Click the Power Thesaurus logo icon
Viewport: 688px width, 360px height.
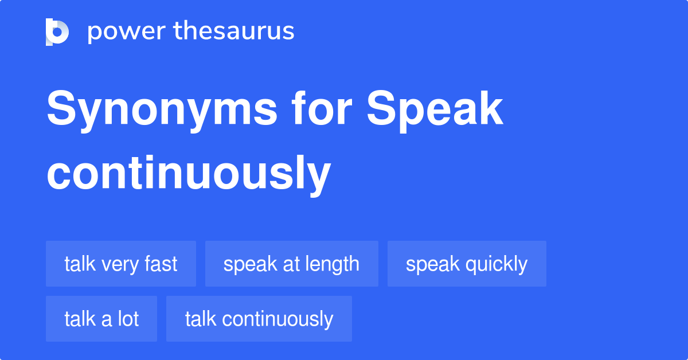coord(57,32)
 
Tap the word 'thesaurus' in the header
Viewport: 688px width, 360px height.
coord(234,32)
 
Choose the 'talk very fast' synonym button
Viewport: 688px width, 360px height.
coord(121,264)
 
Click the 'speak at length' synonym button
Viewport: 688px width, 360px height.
coord(291,264)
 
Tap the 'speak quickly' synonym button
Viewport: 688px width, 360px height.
coord(467,264)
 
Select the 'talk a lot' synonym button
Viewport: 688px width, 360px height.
coord(101,319)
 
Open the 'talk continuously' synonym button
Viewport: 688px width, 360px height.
coord(259,319)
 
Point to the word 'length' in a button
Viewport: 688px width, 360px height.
coord(333,264)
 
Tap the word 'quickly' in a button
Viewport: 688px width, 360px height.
coord(497,264)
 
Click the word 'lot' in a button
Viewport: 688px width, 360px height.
coord(128,319)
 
